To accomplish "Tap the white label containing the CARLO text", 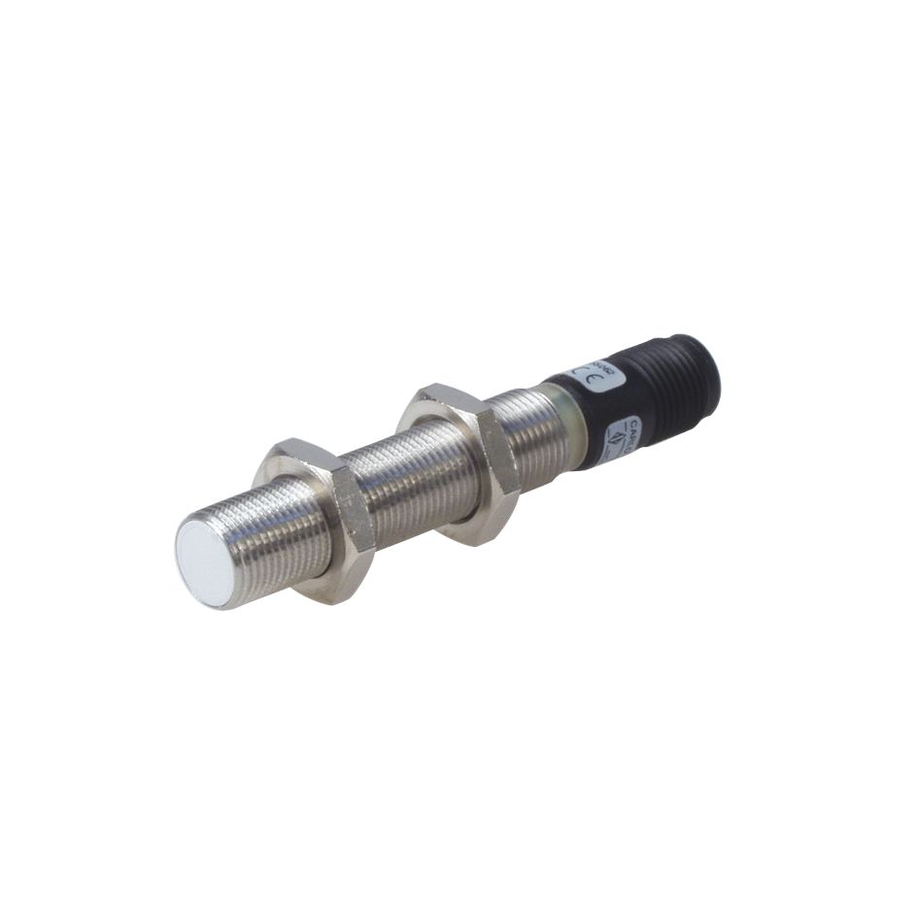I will point(622,435).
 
